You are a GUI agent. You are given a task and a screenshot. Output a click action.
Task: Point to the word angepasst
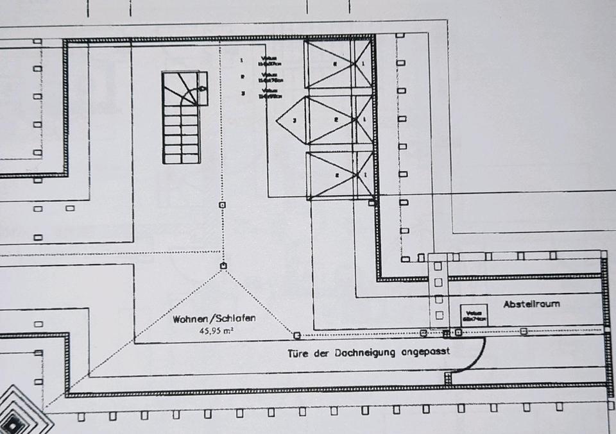[x=425, y=352]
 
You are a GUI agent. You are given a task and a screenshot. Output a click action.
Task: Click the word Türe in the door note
[x=298, y=352]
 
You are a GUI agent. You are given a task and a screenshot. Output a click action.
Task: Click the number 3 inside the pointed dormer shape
[x=294, y=120]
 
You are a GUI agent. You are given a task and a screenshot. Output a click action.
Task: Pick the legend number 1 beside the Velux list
[x=242, y=61]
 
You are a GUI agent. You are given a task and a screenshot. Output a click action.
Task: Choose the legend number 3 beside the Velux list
[x=242, y=94]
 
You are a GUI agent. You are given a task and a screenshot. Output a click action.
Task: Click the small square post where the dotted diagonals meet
[x=223, y=265]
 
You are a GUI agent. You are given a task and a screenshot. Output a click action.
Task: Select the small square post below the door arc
[x=448, y=379]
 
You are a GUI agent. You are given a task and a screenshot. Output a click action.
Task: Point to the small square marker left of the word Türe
[x=296, y=335]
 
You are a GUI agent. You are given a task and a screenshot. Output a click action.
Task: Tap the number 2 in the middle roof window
[x=336, y=119]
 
